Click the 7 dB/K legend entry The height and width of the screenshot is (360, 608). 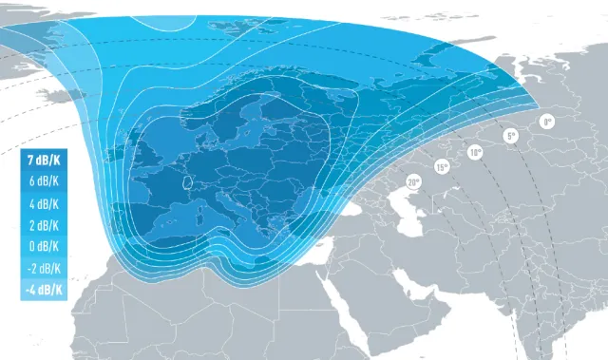(x=44, y=161)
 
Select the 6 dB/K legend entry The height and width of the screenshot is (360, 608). (x=44, y=182)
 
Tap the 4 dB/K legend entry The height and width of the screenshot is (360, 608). (x=44, y=204)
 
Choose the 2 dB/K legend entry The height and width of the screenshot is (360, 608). (x=44, y=226)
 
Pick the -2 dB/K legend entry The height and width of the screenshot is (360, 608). (x=44, y=269)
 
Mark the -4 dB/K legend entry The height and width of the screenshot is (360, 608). (x=44, y=290)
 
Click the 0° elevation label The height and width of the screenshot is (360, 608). (x=547, y=122)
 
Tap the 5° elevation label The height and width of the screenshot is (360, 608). (x=511, y=136)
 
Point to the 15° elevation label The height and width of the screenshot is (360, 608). (x=442, y=167)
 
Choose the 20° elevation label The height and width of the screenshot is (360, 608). (x=413, y=181)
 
